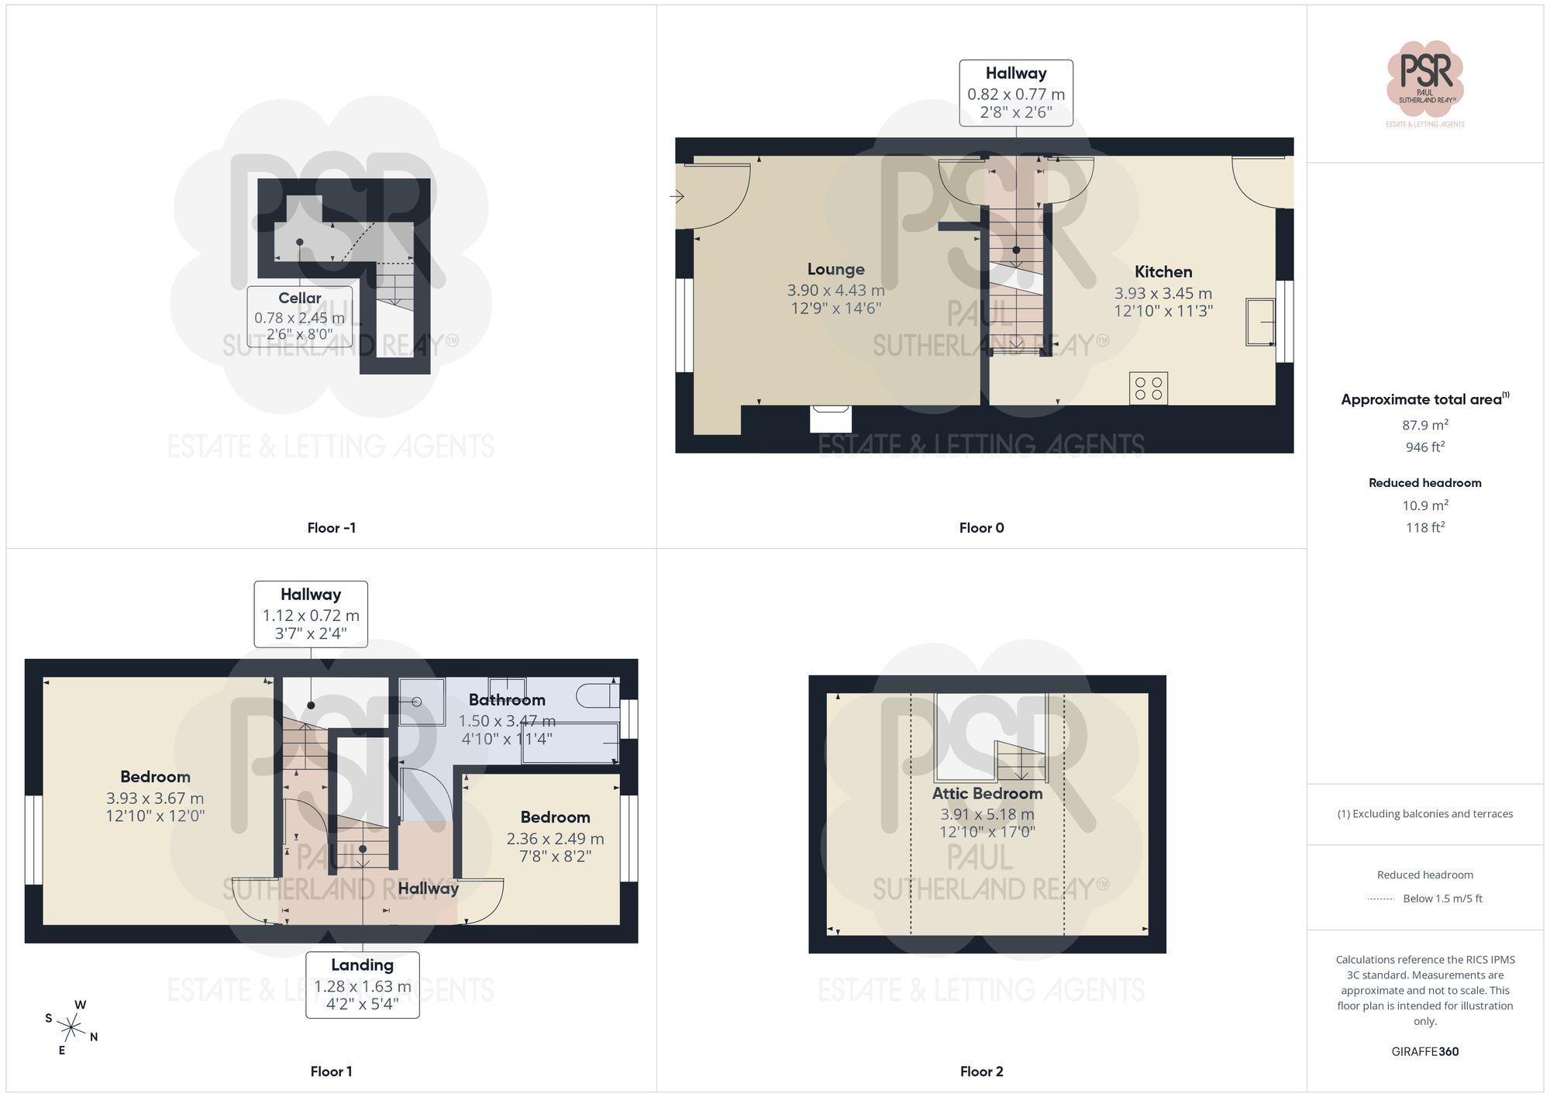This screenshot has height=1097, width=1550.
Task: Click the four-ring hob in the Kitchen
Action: point(1149,388)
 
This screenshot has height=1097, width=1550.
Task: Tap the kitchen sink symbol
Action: point(1260,321)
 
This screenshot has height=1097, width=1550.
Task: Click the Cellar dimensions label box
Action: point(300,317)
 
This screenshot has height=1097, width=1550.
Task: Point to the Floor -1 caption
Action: point(331,528)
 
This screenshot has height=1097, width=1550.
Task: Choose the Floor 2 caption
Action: point(981,1071)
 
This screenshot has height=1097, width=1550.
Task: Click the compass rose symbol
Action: point(71,1028)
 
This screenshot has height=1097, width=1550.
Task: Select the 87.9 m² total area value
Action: point(1424,425)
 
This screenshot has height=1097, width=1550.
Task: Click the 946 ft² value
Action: point(1424,447)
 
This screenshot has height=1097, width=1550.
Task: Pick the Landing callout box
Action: point(362,985)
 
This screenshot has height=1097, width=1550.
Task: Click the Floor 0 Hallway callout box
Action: point(1015,93)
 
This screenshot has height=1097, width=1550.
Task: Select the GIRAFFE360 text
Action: point(1424,1052)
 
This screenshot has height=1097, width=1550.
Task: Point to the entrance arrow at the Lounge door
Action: point(677,196)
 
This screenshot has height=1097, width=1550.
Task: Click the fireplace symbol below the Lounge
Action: point(830,419)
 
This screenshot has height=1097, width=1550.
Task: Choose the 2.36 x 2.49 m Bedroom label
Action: point(555,837)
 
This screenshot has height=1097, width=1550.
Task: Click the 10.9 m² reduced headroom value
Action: point(1424,505)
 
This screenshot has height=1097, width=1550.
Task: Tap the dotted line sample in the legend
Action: point(1381,899)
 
